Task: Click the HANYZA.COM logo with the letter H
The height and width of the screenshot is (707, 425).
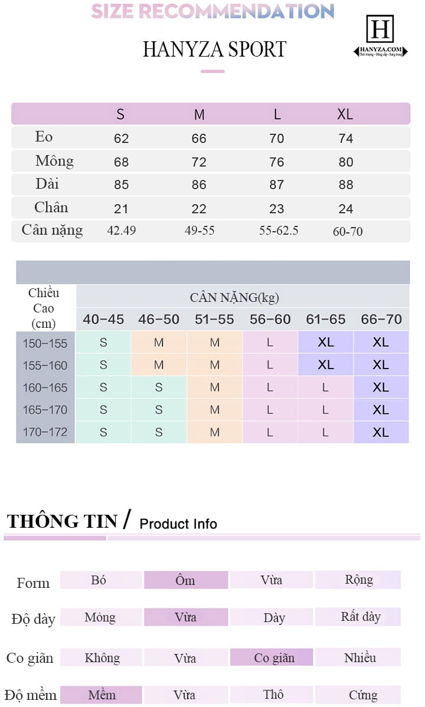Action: point(380,36)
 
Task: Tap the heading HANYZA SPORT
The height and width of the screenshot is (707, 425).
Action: point(214,50)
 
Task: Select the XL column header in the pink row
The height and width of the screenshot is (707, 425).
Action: point(345,114)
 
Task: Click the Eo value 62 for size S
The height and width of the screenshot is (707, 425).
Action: point(121,139)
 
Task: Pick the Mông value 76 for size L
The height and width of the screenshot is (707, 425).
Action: point(276,162)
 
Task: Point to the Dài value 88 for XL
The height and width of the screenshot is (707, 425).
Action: point(346,185)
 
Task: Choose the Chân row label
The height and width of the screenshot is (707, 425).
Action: point(51,208)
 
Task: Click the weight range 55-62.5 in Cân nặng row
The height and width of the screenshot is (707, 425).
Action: point(279,231)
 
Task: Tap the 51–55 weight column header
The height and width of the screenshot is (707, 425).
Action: point(214,320)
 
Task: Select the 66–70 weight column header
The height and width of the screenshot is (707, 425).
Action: point(381,320)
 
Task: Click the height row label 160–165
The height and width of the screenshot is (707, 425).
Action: point(45,387)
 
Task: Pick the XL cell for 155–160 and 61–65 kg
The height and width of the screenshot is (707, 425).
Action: point(326,365)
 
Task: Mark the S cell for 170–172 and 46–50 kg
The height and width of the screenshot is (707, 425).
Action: point(159,432)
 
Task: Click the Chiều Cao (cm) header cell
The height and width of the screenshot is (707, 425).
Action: point(44,308)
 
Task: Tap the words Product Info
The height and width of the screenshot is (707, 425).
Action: point(178,524)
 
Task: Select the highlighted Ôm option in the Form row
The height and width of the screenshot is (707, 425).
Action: point(185,580)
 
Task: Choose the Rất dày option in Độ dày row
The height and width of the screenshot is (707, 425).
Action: point(360,617)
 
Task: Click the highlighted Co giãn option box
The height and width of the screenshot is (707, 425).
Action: point(274,657)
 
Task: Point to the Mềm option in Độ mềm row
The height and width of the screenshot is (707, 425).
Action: point(102,695)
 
